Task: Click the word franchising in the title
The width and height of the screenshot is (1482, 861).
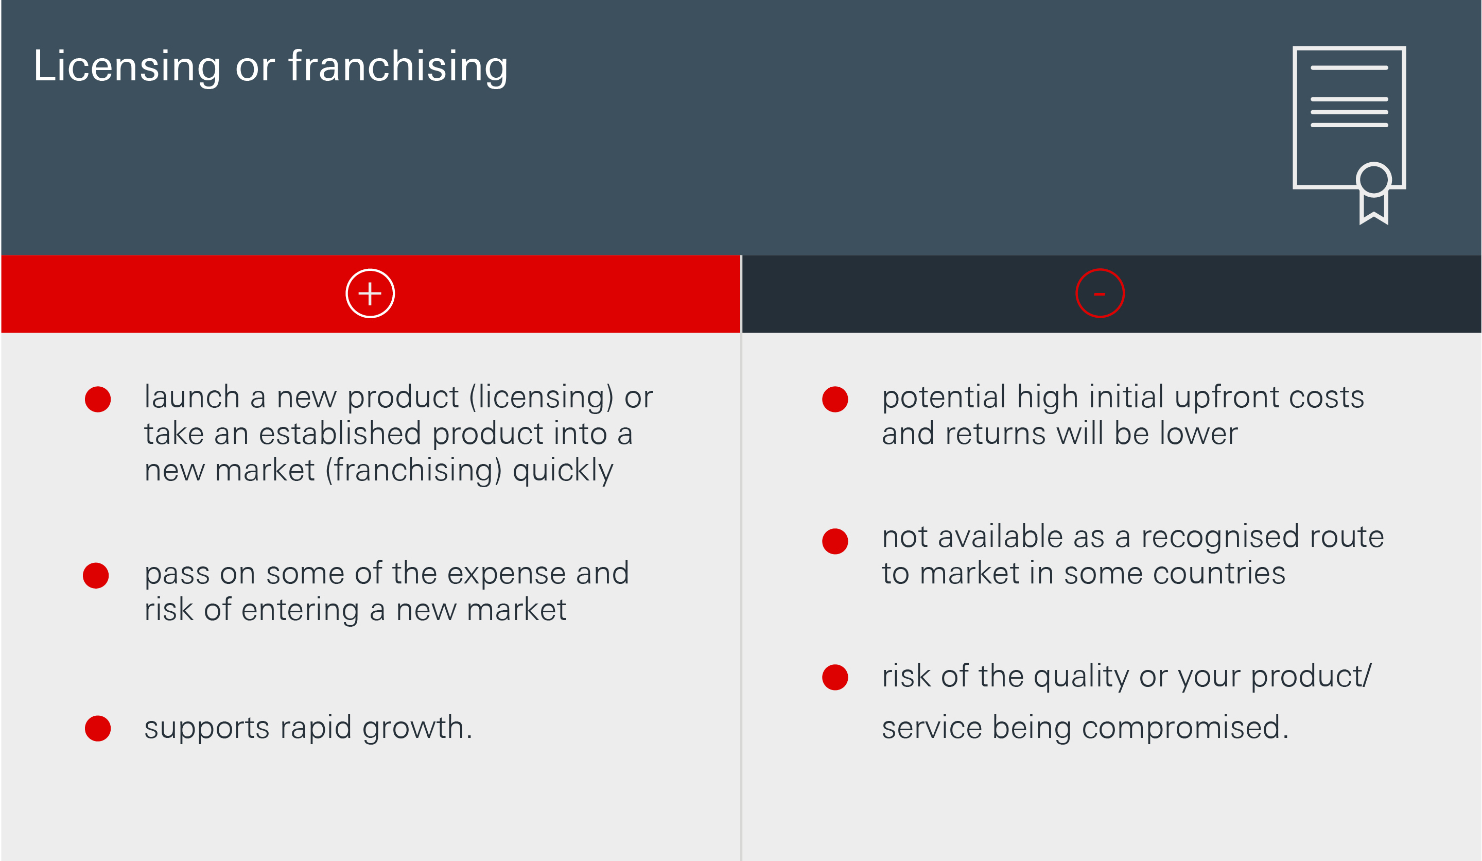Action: click(398, 66)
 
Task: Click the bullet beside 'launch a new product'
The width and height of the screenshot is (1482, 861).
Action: click(98, 399)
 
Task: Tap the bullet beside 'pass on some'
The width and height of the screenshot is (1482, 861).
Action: click(96, 575)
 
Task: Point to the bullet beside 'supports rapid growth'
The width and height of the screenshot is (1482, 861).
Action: click(98, 728)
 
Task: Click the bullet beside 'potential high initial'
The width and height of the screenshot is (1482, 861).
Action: click(835, 399)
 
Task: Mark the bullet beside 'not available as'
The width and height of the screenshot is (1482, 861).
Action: click(835, 541)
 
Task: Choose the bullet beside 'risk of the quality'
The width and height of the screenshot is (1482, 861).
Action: click(835, 677)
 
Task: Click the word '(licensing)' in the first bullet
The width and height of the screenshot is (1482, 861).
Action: click(542, 398)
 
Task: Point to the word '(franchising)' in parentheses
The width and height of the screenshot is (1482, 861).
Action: click(414, 471)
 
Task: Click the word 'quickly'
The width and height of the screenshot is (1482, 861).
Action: click(563, 471)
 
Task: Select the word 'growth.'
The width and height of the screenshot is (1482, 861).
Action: click(417, 729)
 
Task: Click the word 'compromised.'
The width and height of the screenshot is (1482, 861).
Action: click(1185, 729)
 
